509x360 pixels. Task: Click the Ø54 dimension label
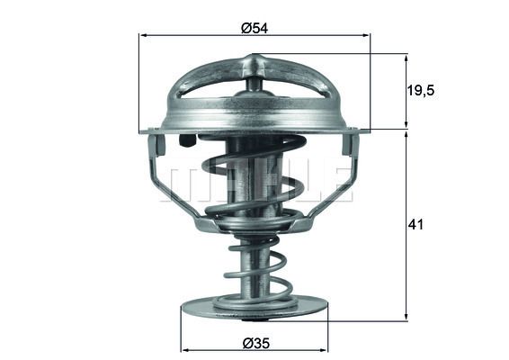point(254,28)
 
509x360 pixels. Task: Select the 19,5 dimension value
point(421,90)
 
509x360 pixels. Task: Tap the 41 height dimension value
point(415,224)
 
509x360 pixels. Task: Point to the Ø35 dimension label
point(256,343)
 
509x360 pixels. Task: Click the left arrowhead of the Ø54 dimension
point(142,35)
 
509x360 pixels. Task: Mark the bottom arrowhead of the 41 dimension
point(406,317)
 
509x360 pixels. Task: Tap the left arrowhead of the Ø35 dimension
point(184,351)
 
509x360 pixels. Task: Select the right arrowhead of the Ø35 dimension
point(325,351)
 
